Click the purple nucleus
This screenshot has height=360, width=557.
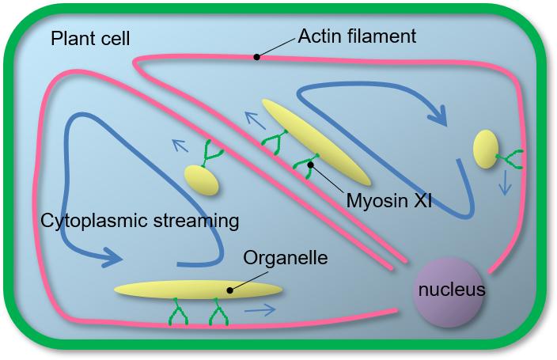pyautogui.click(x=450, y=291)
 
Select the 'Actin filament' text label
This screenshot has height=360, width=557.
pyautogui.click(x=357, y=37)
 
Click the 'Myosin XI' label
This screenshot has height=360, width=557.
pyautogui.click(x=388, y=200)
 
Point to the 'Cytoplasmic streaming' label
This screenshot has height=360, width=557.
pyautogui.click(x=139, y=220)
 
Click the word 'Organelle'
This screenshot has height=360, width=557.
pyautogui.click(x=286, y=259)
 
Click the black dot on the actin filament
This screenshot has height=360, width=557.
pyautogui.click(x=256, y=57)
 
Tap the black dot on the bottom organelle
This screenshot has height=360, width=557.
pyautogui.click(x=230, y=290)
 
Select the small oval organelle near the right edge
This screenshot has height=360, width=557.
pyautogui.click(x=485, y=150)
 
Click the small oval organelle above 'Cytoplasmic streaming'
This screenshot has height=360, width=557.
pyautogui.click(x=201, y=180)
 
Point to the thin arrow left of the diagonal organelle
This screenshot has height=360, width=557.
pyautogui.click(x=254, y=120)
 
